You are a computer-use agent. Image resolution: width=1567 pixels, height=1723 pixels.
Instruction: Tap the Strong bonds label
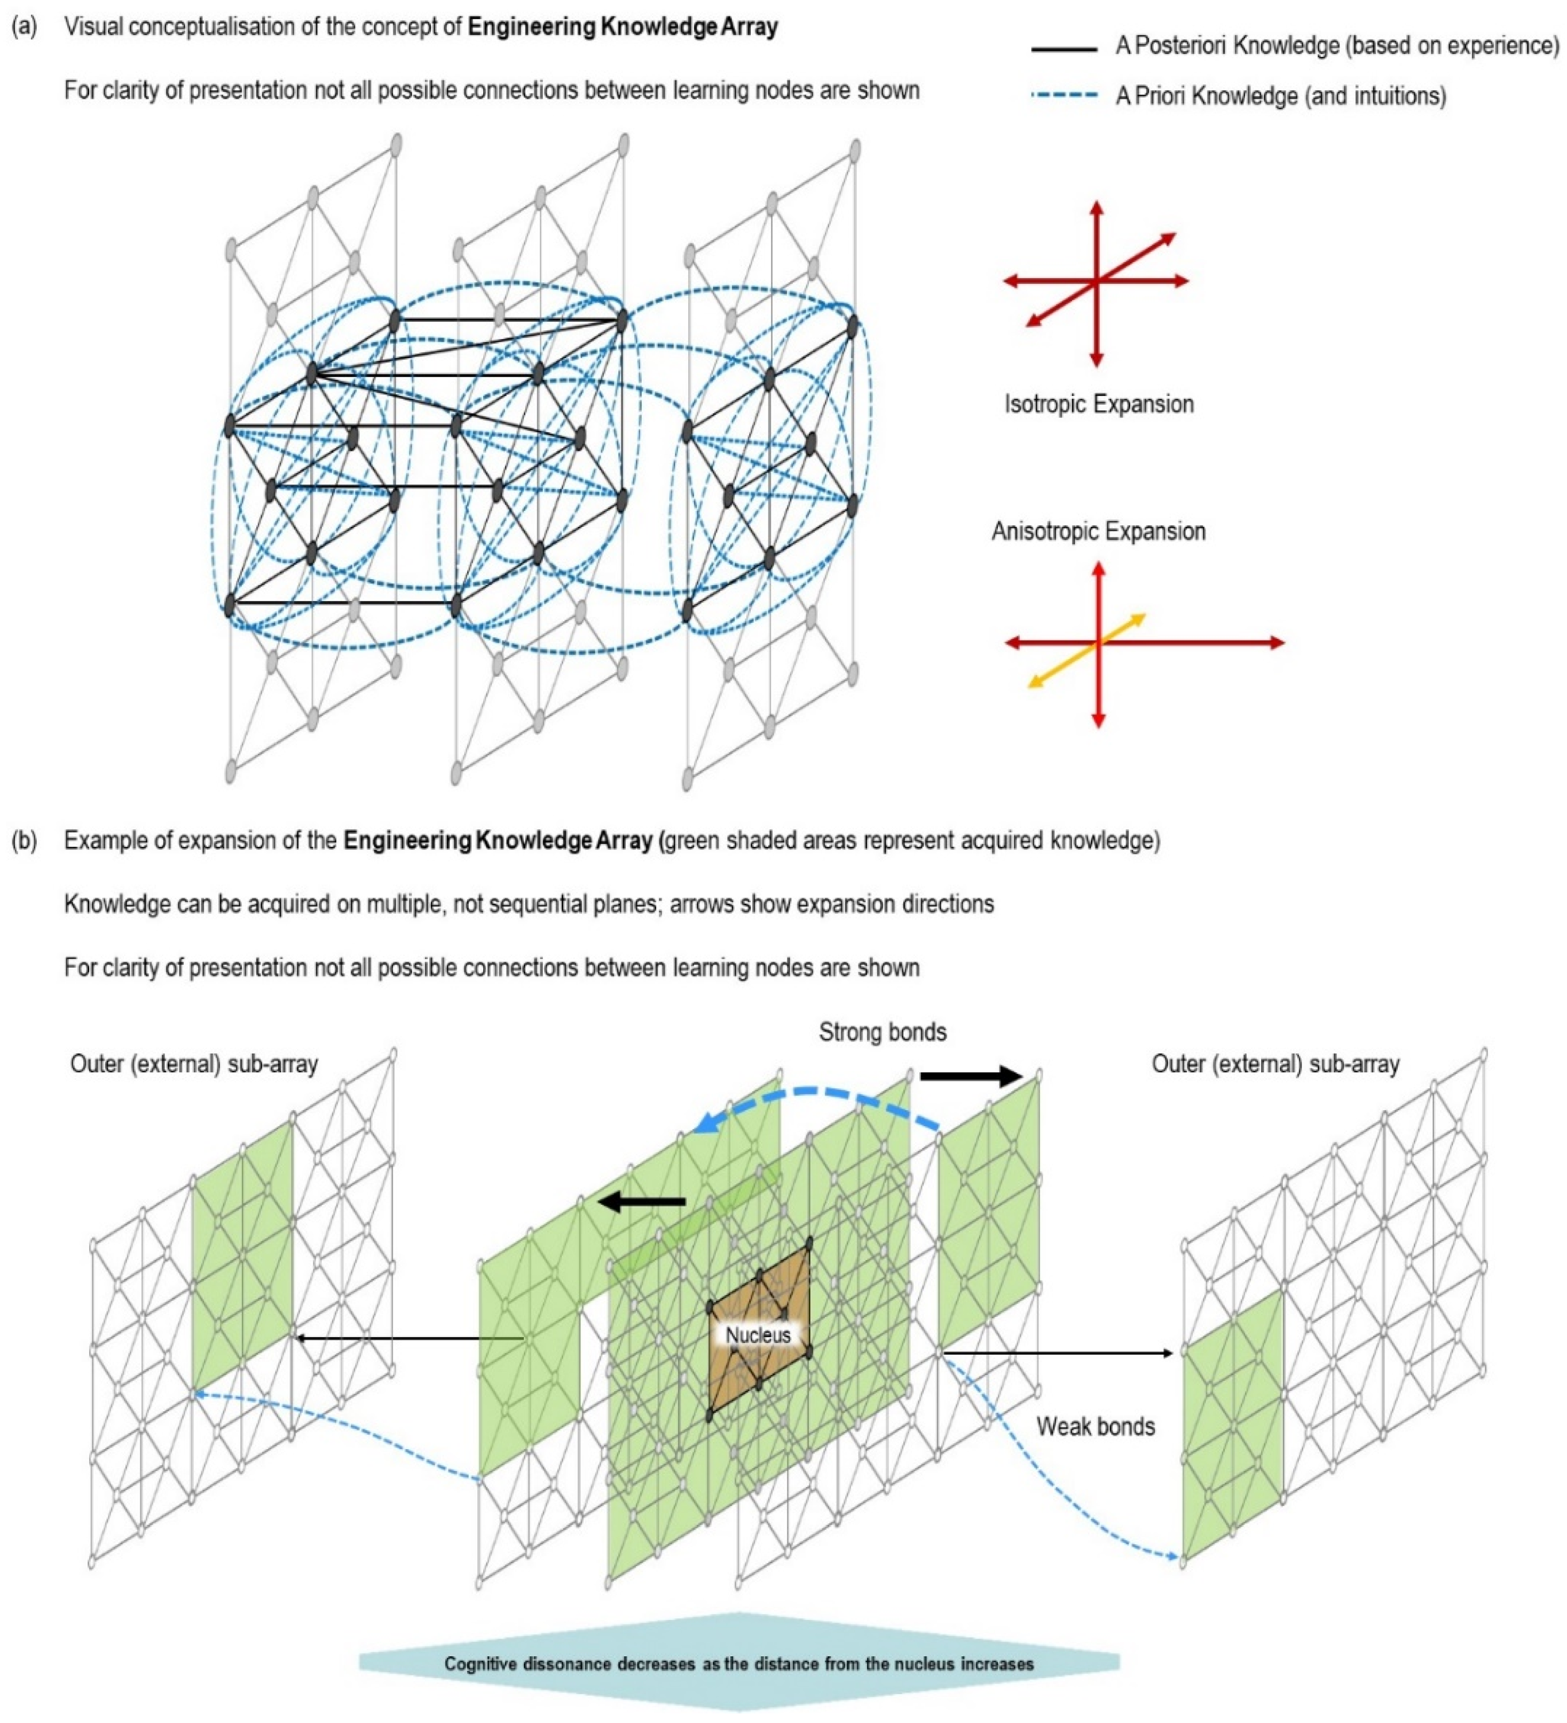point(882,1032)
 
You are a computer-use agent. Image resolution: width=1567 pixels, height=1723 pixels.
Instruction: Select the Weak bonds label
point(1095,1426)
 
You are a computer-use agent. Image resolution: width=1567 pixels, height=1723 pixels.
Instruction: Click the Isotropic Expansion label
point(1099,404)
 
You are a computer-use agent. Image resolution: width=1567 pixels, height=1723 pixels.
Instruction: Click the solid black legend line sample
point(1064,50)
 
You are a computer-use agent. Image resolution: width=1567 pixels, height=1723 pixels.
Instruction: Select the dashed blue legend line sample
point(1064,96)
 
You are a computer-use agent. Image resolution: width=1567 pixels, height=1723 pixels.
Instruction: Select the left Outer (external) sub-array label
point(194,1063)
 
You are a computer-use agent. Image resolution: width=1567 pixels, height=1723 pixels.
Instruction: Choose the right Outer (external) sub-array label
point(1275,1063)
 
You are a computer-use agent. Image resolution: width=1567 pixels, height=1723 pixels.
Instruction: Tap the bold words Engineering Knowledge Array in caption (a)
point(623,27)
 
